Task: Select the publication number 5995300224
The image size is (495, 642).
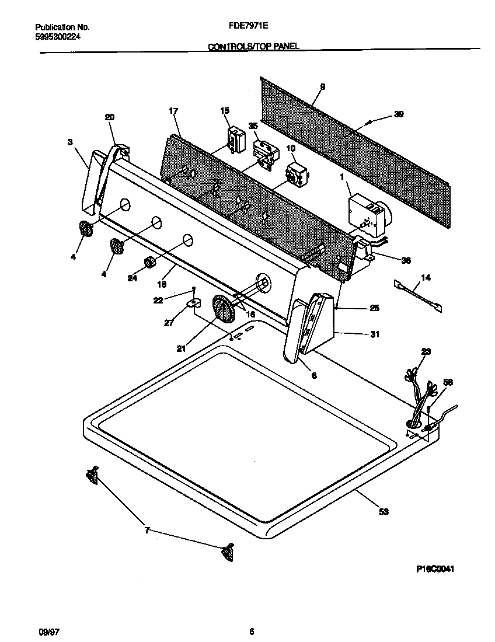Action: [x=58, y=37]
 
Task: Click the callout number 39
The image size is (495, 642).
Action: [x=398, y=114]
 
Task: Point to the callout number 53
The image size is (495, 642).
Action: [x=384, y=512]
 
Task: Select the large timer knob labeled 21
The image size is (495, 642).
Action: [x=222, y=308]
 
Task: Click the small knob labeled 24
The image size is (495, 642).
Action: [x=150, y=263]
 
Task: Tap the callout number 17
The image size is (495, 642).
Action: [x=173, y=110]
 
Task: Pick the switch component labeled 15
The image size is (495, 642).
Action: [x=235, y=139]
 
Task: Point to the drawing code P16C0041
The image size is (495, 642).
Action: [x=435, y=570]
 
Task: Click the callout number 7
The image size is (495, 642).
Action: [x=147, y=530]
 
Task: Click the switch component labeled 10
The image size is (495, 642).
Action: [x=296, y=174]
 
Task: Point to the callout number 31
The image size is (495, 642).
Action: [x=374, y=334]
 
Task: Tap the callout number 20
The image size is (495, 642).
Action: [x=110, y=117]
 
